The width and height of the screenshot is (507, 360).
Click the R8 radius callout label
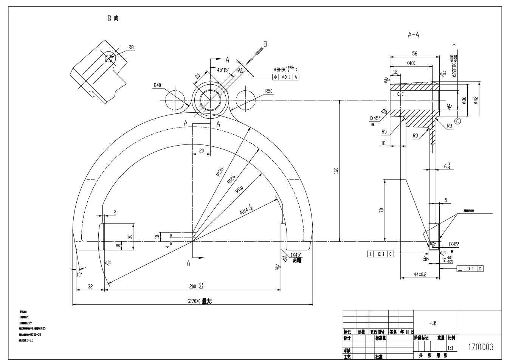tap(131, 47)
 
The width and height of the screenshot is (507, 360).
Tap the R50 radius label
tap(269, 91)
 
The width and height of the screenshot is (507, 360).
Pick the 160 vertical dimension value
tap(336, 171)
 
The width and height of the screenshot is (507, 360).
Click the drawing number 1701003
tap(481, 347)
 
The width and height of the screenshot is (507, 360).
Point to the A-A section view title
tap(413, 35)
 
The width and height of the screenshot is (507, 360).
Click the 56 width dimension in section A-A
tap(414, 53)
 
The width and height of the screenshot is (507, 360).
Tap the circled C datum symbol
tap(458, 121)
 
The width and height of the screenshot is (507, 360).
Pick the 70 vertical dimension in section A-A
tap(381, 210)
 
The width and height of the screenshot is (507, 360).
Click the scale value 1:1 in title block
tap(450, 347)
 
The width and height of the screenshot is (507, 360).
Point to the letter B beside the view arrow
tap(265, 44)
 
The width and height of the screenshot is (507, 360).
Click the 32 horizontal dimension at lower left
tap(90, 287)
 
